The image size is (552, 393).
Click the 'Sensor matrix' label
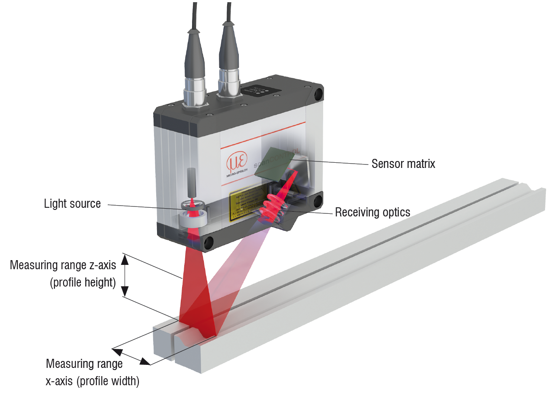click(403, 164)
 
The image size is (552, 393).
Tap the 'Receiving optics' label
click(372, 212)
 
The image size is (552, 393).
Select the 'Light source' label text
click(72, 204)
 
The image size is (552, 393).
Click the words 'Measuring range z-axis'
click(63, 264)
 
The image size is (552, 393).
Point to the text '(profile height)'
click(83, 283)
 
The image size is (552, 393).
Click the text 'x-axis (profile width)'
click(92, 381)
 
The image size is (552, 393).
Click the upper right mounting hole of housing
click(319, 93)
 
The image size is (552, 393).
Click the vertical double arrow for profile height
click(125, 276)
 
